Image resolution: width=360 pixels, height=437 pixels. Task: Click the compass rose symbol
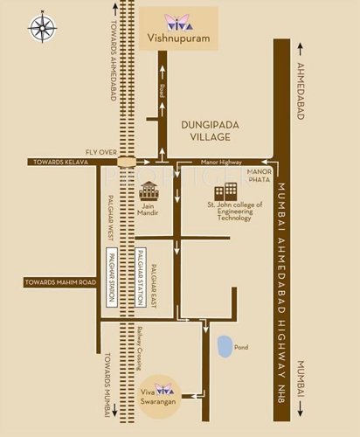pos(42,26)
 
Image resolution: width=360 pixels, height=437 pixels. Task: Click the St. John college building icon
pos(229,191)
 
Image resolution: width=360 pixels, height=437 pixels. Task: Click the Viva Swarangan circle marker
pos(159,391)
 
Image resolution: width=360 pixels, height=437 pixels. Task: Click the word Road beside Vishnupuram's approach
pos(162,90)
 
